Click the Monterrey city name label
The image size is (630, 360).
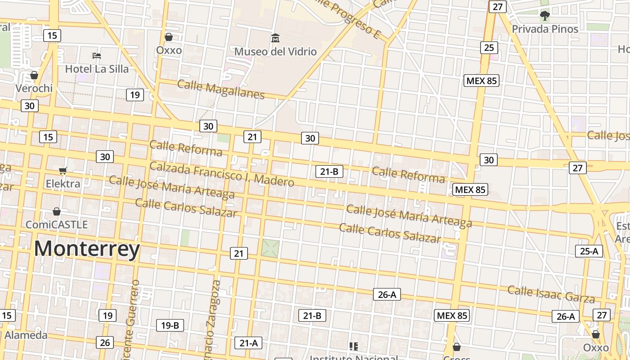coord(87,249)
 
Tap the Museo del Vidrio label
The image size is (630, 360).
coord(275,52)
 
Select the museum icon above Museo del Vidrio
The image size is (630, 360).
coord(275,38)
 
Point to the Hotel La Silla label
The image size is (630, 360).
coord(97,69)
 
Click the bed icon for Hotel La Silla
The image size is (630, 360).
coord(97,56)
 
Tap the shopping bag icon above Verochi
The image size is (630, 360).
coord(34,75)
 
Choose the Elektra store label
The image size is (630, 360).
coord(63,184)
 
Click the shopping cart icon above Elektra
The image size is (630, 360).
coord(63,171)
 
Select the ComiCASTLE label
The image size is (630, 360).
coord(57,224)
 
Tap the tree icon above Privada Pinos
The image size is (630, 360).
coord(545,16)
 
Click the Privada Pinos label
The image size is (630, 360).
coord(545,29)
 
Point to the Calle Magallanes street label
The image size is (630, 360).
coord(221,89)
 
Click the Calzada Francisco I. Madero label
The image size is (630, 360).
coord(222,174)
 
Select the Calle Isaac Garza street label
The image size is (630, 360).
coord(551,293)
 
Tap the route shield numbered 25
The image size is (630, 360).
coord(489,47)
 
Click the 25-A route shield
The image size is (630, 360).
coord(589,251)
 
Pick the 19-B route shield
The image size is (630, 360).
coord(170,325)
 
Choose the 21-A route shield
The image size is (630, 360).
coord(248,343)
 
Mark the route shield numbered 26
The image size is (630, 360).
coord(104,342)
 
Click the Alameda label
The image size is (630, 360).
coord(26,335)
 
